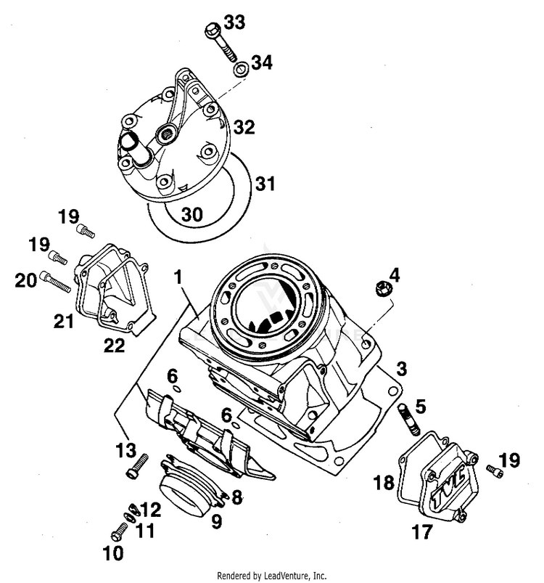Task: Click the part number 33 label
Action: tap(234, 23)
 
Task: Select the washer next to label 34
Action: tap(239, 70)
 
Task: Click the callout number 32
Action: tap(244, 129)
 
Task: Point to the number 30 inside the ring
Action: tap(191, 215)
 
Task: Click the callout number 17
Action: tap(422, 533)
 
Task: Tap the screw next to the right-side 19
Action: tap(495, 473)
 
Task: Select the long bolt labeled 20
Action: tap(57, 281)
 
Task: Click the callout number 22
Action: tap(114, 345)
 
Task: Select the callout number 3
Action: tap(402, 368)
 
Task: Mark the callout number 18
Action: tap(384, 482)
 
